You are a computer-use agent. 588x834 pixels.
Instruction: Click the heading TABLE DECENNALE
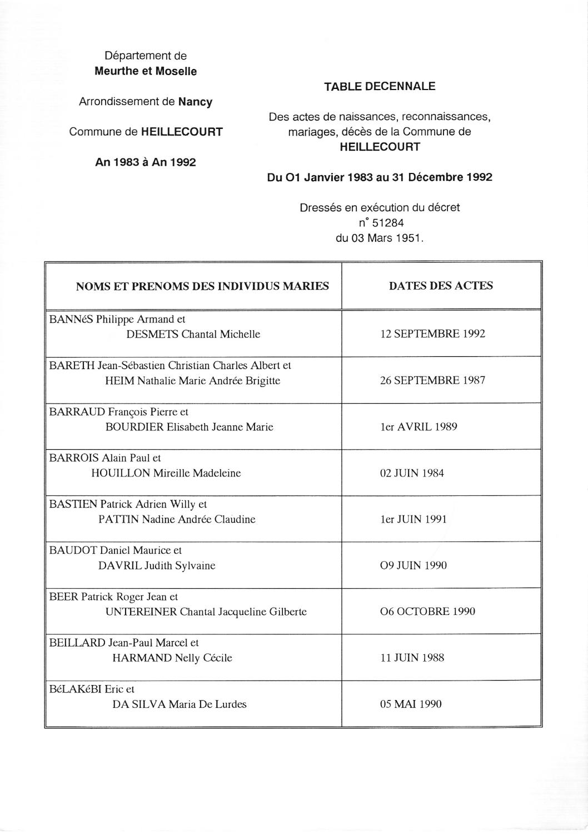coord(380,87)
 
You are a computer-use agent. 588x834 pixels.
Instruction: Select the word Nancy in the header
coord(195,102)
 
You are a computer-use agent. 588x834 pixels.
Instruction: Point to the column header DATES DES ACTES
coord(441,286)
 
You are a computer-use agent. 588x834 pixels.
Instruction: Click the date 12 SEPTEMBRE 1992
coord(432,334)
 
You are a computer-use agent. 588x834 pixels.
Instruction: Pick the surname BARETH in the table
coord(72,366)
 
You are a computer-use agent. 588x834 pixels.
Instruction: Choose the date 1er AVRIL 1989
coord(418,427)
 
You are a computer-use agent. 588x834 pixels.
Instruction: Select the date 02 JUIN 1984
coord(412,473)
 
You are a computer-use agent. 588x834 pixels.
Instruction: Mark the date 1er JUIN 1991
coord(413,519)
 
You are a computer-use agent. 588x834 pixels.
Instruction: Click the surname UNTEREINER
coord(141,612)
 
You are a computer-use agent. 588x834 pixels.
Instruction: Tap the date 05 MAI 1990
coord(411,704)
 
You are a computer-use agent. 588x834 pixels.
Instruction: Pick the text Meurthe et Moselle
coord(146,71)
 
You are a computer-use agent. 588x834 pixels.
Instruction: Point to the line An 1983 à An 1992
coord(146,162)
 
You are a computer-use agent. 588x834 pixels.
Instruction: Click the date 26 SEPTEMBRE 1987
coord(432,380)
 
